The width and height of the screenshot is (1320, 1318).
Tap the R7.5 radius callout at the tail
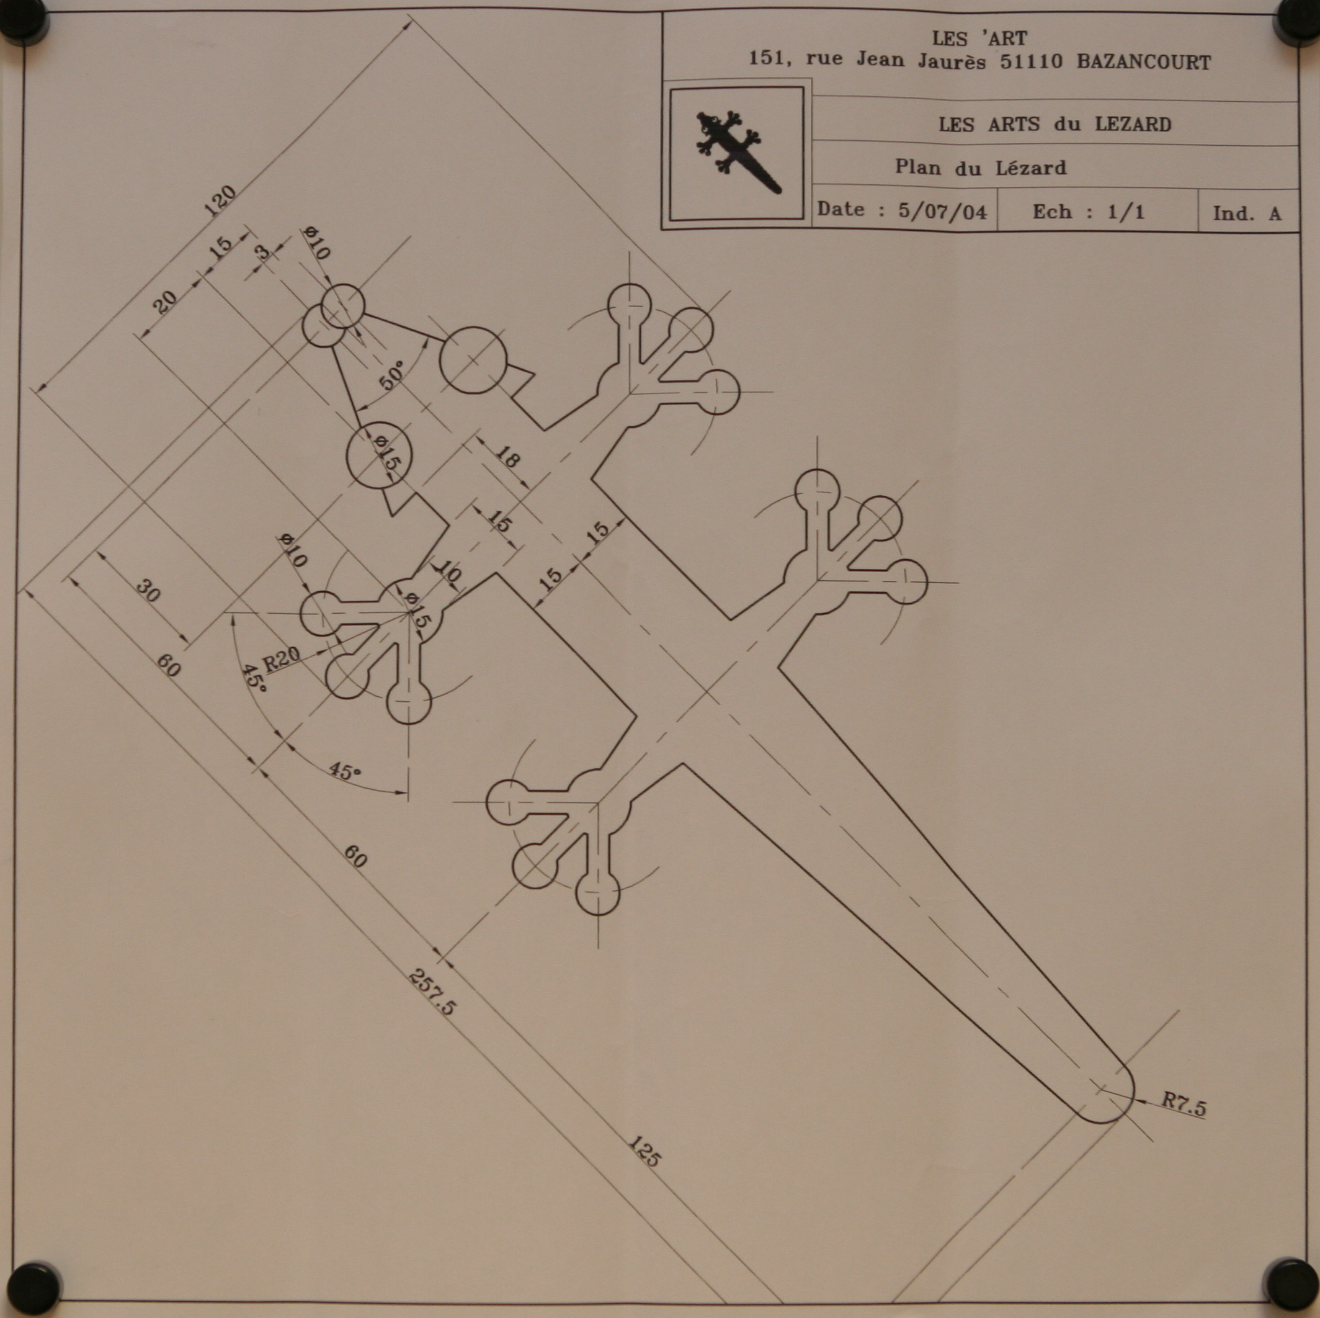point(1185,1105)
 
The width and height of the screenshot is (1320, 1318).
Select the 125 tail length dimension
point(644,1151)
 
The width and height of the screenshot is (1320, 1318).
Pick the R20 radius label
point(282,659)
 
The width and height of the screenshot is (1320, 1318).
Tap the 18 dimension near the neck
point(506,457)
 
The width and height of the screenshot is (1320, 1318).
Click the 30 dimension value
point(148,590)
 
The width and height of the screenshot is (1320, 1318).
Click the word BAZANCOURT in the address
point(1144,63)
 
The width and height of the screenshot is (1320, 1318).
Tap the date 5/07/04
point(942,211)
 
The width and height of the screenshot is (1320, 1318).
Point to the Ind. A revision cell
point(1247,213)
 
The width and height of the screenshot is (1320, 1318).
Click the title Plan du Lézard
point(981,168)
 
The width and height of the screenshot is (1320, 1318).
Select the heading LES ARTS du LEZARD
point(1055,125)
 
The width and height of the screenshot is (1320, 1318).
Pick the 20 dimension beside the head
point(164,302)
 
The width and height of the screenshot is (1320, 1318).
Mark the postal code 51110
point(1032,62)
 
